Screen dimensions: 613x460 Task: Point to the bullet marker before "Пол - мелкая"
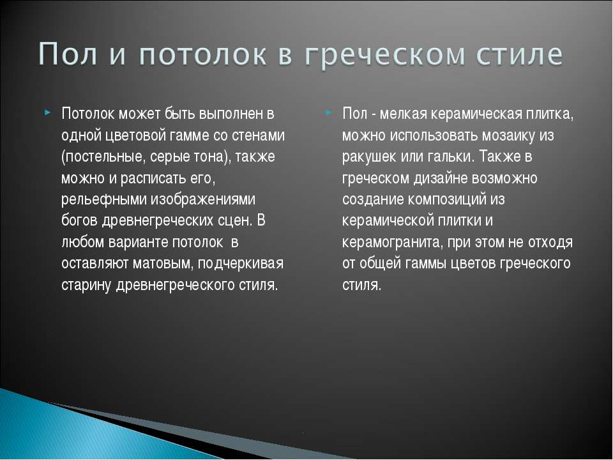tap(328, 112)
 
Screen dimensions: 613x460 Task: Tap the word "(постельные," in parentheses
tap(104, 157)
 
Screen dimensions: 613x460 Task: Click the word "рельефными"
tap(103, 199)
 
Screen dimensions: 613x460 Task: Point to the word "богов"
tap(80, 220)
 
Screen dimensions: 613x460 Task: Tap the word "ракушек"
tap(369, 157)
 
